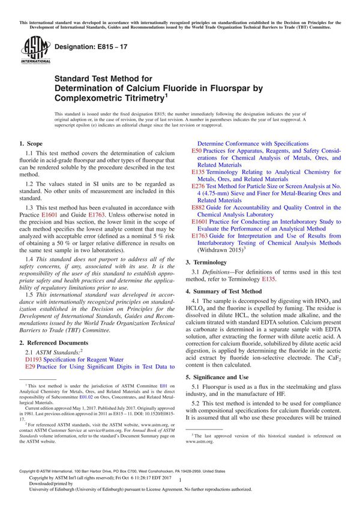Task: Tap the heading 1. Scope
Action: pyautogui.click(x=31, y=144)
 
